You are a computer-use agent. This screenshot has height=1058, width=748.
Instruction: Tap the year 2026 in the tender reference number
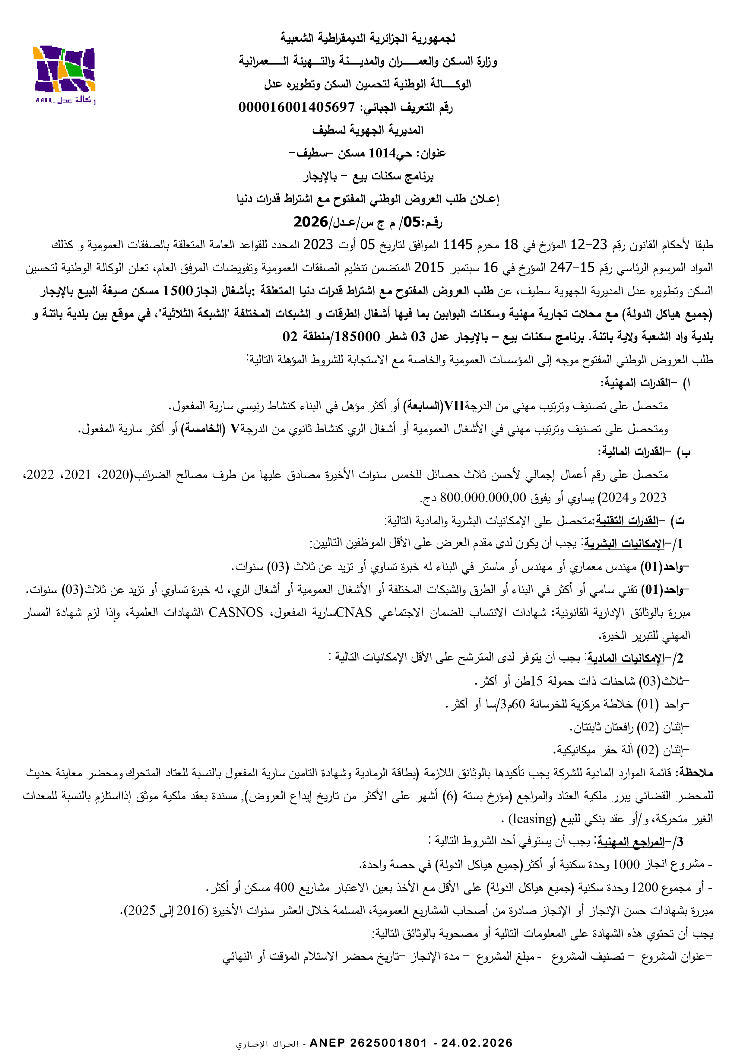click(x=311, y=222)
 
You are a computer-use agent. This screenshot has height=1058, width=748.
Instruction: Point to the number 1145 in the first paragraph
click(x=457, y=245)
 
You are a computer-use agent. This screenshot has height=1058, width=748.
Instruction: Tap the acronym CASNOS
click(x=236, y=613)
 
